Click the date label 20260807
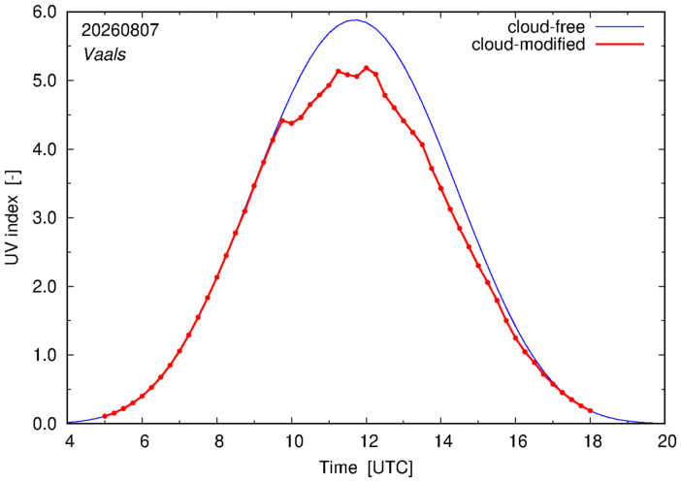click(120, 30)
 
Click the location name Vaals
click(105, 54)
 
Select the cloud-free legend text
click(546, 27)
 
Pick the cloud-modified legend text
click(528, 45)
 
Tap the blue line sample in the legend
click(620, 27)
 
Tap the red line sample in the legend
click(620, 45)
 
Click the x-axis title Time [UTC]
click(366, 467)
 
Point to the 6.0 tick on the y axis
click(45, 13)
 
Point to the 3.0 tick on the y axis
click(45, 217)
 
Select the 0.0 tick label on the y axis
click(45, 423)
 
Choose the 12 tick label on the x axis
click(366, 441)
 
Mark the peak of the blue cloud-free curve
click(355, 19)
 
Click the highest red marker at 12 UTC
click(366, 68)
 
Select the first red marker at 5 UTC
click(105, 416)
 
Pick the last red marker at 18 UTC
click(590, 410)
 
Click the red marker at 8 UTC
click(216, 277)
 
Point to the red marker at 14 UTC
click(440, 188)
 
